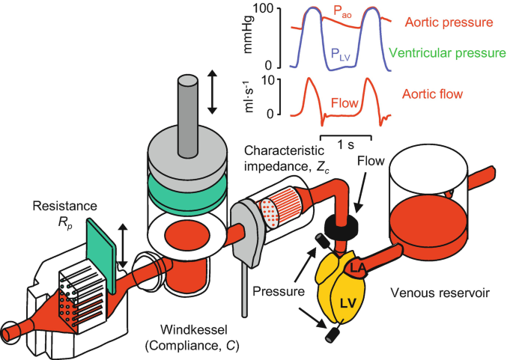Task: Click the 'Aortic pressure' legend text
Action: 452,24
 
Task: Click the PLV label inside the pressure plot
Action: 341,54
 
